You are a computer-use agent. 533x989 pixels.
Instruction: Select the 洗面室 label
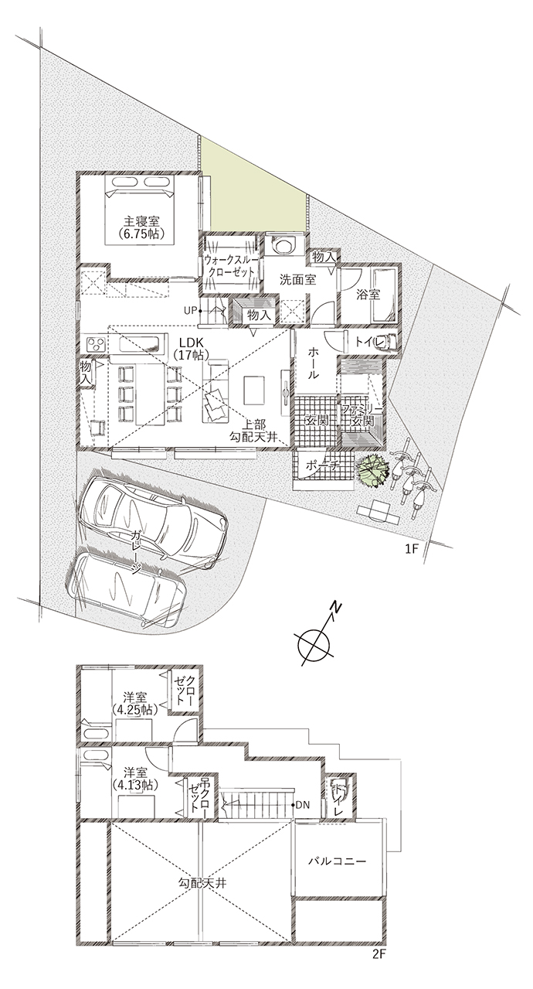(x=297, y=280)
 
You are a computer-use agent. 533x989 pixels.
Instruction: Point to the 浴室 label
(x=368, y=295)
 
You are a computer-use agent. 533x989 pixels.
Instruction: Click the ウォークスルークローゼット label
(x=229, y=266)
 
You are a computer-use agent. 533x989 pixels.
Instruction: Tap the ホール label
(x=313, y=363)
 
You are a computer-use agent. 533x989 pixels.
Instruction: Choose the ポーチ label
(x=321, y=466)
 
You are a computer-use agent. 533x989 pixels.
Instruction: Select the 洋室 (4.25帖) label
(x=134, y=704)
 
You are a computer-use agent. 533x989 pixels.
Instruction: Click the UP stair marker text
(x=190, y=310)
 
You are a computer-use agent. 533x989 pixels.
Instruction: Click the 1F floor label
(x=411, y=549)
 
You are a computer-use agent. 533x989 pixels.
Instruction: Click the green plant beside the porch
(x=373, y=470)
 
